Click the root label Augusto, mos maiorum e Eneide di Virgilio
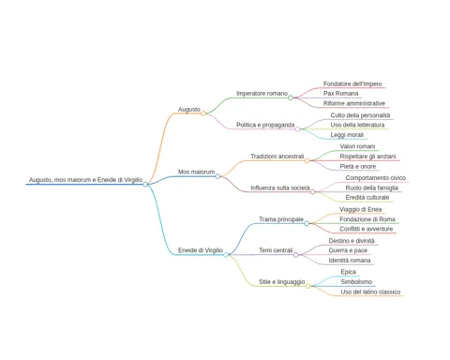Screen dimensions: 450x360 [x=85, y=180]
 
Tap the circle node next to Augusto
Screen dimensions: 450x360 [x=203, y=113]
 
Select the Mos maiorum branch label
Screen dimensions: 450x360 [x=196, y=172]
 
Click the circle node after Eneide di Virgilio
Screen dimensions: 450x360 [x=226, y=255]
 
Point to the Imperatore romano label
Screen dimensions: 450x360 [x=262, y=94]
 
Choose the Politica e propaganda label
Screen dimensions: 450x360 [x=265, y=125]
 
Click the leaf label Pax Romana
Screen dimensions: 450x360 [x=340, y=94]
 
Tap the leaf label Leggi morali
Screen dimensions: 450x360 [x=347, y=135]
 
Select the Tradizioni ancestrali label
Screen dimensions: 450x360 [x=277, y=157]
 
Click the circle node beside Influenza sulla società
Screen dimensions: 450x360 [x=313, y=192]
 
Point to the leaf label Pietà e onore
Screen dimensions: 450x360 [x=358, y=167]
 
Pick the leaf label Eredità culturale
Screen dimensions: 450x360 [x=367, y=198]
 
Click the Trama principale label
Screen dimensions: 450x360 [x=281, y=219]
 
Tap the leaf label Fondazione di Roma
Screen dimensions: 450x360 [x=367, y=219]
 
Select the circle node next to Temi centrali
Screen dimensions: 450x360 [x=295, y=255]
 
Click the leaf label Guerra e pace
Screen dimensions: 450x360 [x=348, y=250]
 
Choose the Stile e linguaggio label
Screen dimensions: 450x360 [x=282, y=282]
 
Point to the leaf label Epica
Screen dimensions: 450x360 [x=348, y=272]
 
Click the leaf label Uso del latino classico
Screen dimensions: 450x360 [x=370, y=292]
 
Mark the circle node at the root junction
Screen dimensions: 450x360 [x=145, y=185]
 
